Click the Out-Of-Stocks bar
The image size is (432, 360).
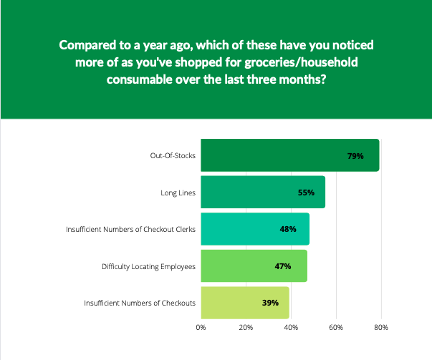[289, 155]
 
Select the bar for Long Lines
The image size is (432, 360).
[262, 192]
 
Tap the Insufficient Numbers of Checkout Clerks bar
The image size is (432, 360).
[254, 229]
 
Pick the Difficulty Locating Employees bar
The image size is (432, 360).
[254, 266]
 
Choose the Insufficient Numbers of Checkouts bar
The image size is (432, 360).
[244, 303]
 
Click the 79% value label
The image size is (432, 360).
[356, 155]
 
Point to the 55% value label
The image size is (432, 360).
[306, 193]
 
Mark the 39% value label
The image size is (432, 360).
[270, 303]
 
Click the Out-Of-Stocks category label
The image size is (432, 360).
[173, 155]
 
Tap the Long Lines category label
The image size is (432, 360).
[178, 193]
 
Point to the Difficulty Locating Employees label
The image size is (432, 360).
[148, 266]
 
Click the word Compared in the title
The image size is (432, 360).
[87, 46]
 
